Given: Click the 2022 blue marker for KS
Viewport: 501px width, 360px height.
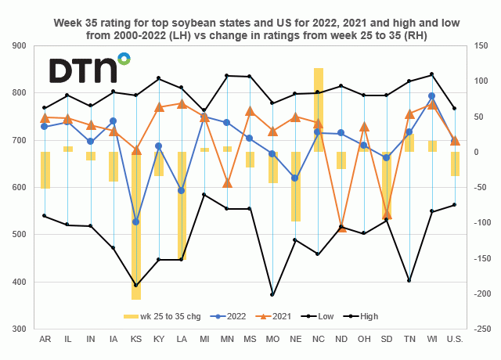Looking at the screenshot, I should point(136,222).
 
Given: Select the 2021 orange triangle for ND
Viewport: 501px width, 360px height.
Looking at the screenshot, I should point(341,227).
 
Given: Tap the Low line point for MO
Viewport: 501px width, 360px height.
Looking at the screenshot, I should point(272,295).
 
